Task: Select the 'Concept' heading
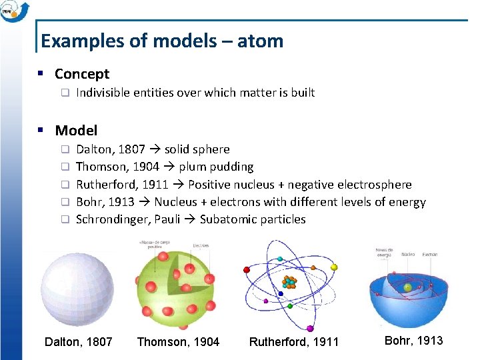pos(81,74)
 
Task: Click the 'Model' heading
pos(76,131)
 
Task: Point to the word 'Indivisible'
pos(106,93)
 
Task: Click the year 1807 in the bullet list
pos(132,149)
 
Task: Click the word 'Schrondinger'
pos(110,219)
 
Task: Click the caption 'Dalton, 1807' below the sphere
pos(78,342)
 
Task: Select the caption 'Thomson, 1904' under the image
pos(178,342)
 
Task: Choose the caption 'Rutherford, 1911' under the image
pos(294,342)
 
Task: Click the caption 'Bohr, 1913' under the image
pos(414,341)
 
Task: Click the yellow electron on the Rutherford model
pos(334,267)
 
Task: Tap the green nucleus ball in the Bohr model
pos(408,287)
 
